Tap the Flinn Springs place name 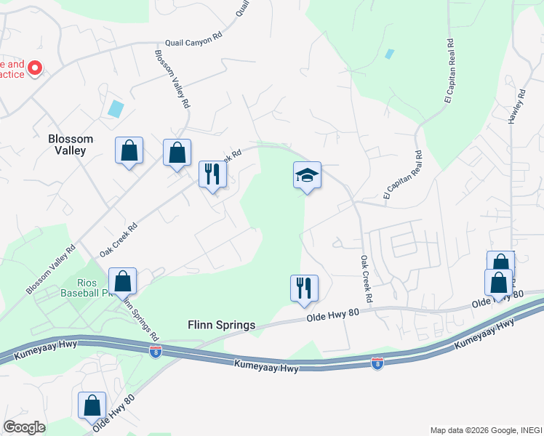(221, 326)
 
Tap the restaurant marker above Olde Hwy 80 (304, 288)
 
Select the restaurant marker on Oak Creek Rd (213, 175)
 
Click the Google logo (24, 427)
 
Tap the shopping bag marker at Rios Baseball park (122, 281)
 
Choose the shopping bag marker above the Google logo (92, 405)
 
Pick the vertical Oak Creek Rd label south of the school (366, 279)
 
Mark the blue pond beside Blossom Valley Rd (115, 109)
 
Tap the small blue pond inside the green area (390, 54)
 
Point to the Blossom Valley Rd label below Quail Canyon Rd (172, 79)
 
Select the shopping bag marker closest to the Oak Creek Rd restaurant (177, 153)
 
